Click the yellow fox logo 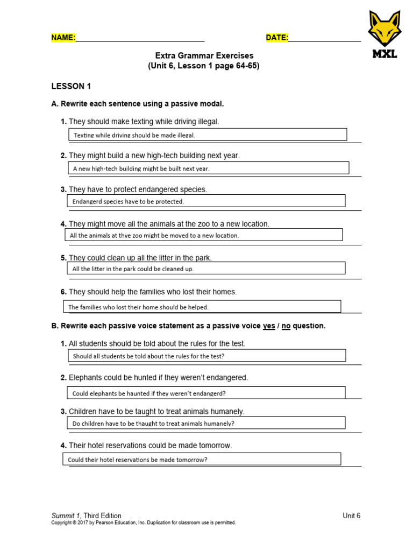[x=384, y=30]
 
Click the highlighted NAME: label [x=63, y=38]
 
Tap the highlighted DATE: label [x=277, y=38]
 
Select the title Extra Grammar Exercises [x=204, y=56]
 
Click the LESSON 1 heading [x=68, y=86]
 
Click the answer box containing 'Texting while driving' [x=207, y=135]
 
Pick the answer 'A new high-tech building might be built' [x=209, y=168]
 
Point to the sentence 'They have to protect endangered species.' [x=138, y=190]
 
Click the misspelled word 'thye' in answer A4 [x=125, y=236]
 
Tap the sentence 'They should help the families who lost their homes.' [x=153, y=292]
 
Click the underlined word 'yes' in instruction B [x=269, y=327]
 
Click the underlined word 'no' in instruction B [x=286, y=327]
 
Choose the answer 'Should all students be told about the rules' [x=206, y=356]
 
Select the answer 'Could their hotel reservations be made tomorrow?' [x=202, y=460]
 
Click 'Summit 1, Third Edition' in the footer [x=86, y=515]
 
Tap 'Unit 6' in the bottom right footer [x=351, y=515]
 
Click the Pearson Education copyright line [x=143, y=523]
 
